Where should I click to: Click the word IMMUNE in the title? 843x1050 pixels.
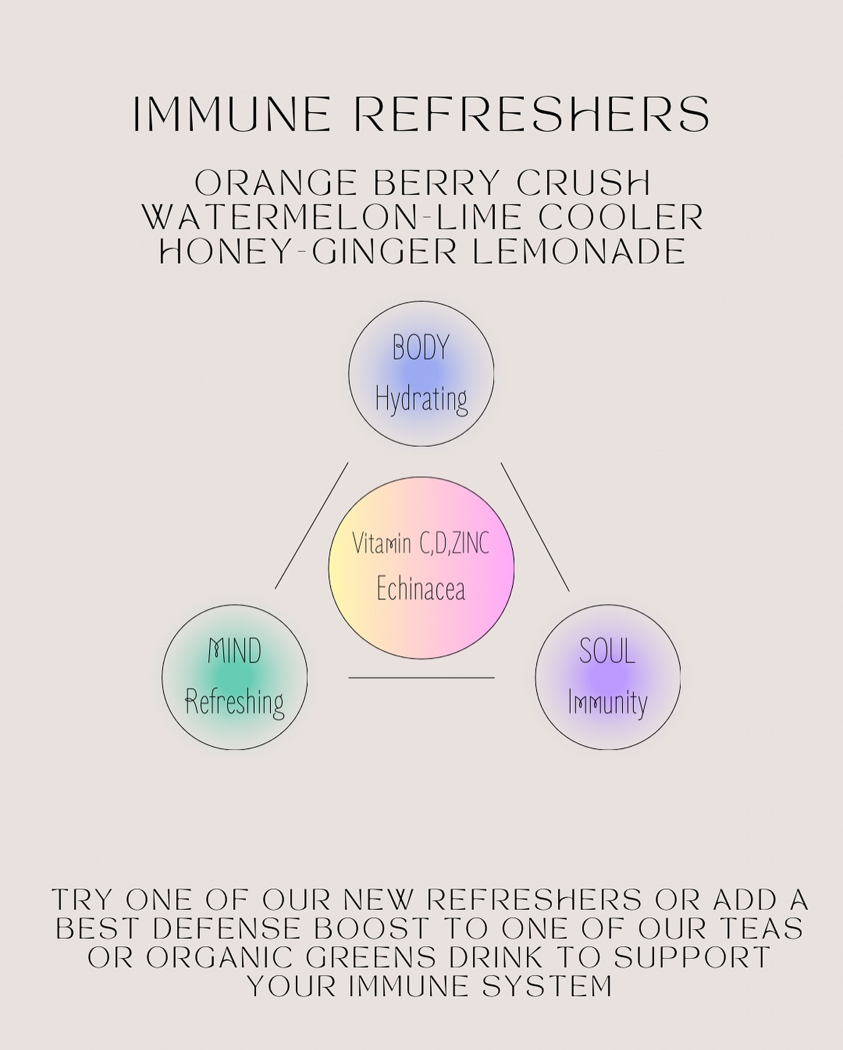pyautogui.click(x=232, y=114)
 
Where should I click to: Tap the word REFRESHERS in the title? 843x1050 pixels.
pyautogui.click(x=536, y=114)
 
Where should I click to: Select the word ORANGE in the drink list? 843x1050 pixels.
pyautogui.click(x=275, y=183)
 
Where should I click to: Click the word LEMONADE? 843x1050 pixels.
pyautogui.click(x=579, y=251)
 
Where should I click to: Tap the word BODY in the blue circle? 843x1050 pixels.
pyautogui.click(x=421, y=348)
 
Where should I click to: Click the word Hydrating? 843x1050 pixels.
pyautogui.click(x=421, y=398)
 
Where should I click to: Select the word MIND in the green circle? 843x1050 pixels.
pyautogui.click(x=235, y=651)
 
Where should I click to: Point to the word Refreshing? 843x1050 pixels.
pyautogui.click(x=235, y=702)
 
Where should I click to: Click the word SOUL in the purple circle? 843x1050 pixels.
pyautogui.click(x=607, y=651)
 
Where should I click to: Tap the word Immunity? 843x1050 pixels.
pyautogui.click(x=607, y=702)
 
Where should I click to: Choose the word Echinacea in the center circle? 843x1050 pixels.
pyautogui.click(x=421, y=588)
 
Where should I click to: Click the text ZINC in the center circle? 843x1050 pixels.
pyautogui.click(x=470, y=543)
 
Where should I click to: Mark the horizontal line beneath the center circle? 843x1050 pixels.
pyautogui.click(x=421, y=677)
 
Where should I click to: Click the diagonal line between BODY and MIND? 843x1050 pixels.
pyautogui.click(x=312, y=525)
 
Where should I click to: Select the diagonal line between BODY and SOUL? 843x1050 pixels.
pyautogui.click(x=535, y=527)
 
